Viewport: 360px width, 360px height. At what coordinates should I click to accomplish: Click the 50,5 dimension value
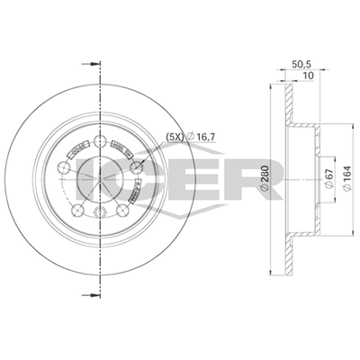pos(300,64)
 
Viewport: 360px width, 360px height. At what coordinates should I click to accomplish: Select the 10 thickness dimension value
pos(308,76)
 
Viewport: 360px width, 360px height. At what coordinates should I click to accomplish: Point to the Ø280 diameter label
pos(265,177)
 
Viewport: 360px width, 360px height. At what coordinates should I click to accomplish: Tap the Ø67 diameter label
pos(328,179)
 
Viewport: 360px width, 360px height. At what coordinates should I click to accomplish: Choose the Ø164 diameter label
pos(347,178)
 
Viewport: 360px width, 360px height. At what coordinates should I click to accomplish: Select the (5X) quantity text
pos(175,137)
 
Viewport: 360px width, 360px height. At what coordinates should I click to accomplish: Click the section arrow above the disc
pos(91,64)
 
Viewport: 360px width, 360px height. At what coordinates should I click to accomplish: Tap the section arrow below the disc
pos(91,295)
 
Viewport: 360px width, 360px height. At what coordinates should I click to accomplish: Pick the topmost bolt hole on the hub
pos(100,140)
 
